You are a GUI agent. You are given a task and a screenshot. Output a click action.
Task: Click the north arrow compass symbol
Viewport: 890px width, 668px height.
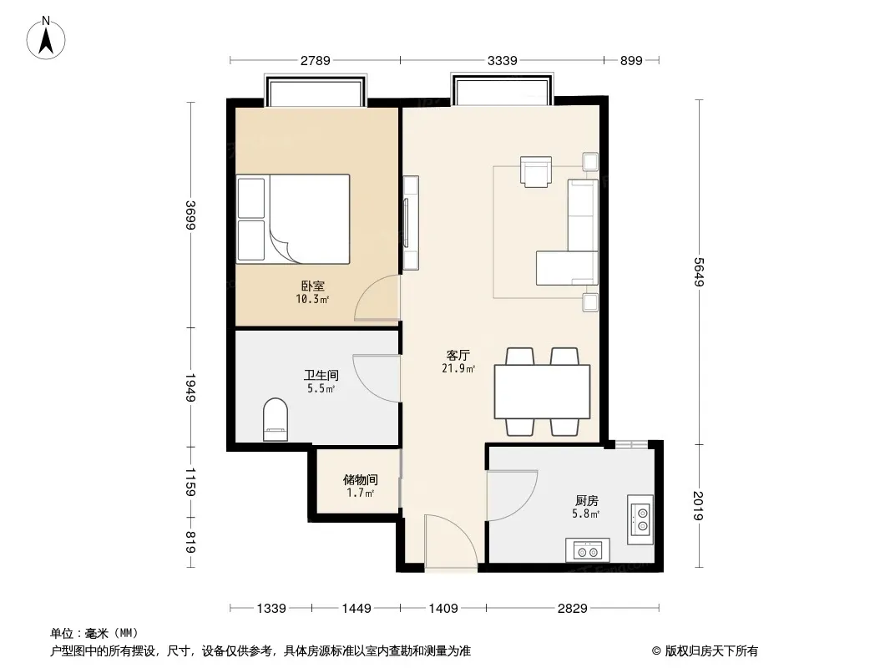(x=46, y=38)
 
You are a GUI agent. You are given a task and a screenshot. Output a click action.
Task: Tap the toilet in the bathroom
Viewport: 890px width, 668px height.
(x=276, y=419)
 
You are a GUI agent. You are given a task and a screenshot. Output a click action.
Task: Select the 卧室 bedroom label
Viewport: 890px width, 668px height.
(x=313, y=286)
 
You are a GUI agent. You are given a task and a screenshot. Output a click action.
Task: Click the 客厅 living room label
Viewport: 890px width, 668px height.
(x=458, y=355)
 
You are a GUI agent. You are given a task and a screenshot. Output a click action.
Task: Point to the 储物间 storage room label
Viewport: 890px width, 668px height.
(x=361, y=480)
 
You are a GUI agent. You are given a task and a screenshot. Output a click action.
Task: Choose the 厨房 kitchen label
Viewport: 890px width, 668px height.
(x=586, y=500)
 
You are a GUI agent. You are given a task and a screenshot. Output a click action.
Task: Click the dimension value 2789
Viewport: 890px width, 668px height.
(x=315, y=60)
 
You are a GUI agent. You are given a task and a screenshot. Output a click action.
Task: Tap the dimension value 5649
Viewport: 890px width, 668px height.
(x=699, y=272)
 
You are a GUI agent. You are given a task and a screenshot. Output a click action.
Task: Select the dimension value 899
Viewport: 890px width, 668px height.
(x=631, y=60)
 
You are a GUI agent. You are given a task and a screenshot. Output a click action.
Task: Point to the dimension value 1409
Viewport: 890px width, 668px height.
(x=443, y=609)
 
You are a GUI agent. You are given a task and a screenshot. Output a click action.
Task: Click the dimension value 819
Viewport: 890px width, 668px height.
(x=190, y=543)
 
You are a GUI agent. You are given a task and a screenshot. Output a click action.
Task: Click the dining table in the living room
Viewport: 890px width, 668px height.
(x=542, y=392)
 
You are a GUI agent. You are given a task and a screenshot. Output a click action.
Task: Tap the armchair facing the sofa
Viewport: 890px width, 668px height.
(x=536, y=171)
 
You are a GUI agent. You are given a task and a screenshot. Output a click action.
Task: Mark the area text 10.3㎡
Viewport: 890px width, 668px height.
(x=312, y=299)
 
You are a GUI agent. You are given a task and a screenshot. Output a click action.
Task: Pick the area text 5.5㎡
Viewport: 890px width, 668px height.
(x=321, y=389)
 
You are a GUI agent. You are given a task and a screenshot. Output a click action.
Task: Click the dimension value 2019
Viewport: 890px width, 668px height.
(x=699, y=505)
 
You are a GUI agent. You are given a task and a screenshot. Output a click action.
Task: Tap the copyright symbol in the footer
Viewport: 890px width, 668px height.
(x=656, y=651)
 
